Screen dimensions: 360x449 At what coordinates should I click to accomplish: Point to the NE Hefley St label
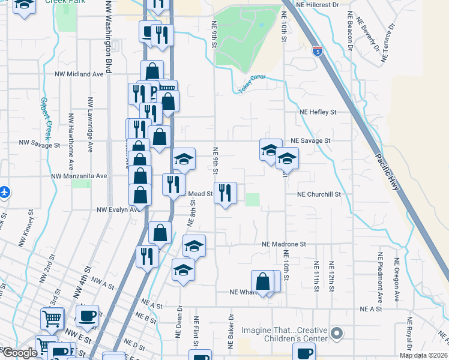pyautogui.click(x=318, y=112)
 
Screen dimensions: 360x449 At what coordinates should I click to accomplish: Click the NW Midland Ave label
pyautogui.click(x=79, y=74)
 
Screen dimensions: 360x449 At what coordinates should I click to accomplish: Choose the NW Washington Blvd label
pyautogui.click(x=109, y=37)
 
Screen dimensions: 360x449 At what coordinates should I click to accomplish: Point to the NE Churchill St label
pyautogui.click(x=319, y=194)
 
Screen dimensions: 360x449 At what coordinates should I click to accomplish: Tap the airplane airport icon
pyautogui.click(x=5, y=193)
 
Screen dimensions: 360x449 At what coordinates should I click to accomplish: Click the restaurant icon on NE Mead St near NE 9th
pyautogui.click(x=225, y=193)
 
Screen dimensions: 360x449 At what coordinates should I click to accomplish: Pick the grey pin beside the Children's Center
pyautogui.click(x=338, y=332)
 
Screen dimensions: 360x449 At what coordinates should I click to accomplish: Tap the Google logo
pyautogui.click(x=19, y=353)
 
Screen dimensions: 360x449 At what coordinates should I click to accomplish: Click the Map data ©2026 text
pyautogui.click(x=423, y=355)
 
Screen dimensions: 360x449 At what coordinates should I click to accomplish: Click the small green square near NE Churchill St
pyautogui.click(x=253, y=199)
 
